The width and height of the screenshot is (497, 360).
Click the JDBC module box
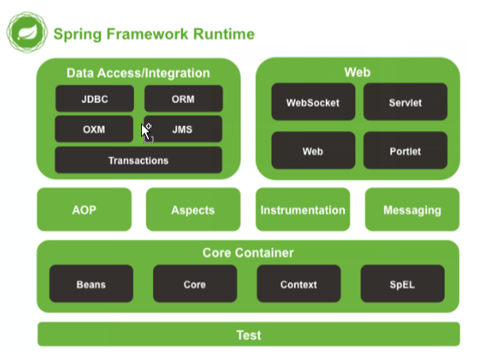[94, 98]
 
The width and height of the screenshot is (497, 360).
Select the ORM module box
[183, 98]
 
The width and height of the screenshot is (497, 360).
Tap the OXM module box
[94, 129]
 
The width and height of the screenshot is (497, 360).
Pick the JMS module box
[183, 129]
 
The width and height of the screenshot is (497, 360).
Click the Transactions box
[139, 160]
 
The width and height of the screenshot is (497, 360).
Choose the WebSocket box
[312, 102]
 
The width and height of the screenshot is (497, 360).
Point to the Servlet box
[405, 102]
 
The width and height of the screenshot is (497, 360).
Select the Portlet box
[405, 151]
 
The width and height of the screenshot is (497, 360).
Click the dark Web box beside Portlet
[312, 151]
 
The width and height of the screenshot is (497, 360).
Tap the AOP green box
[84, 210]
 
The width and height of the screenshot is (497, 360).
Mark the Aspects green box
[193, 210]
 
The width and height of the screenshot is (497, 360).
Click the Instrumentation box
[303, 210]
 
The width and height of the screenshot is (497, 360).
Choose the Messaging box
[412, 210]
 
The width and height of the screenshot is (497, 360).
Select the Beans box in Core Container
[91, 284]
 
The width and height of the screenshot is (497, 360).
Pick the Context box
[298, 284]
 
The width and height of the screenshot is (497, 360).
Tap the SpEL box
[402, 284]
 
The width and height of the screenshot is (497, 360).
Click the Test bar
[248, 335]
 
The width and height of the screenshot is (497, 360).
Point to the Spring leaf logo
[25, 33]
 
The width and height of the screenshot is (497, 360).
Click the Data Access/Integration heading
[138, 73]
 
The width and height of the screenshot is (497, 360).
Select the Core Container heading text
[248, 253]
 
